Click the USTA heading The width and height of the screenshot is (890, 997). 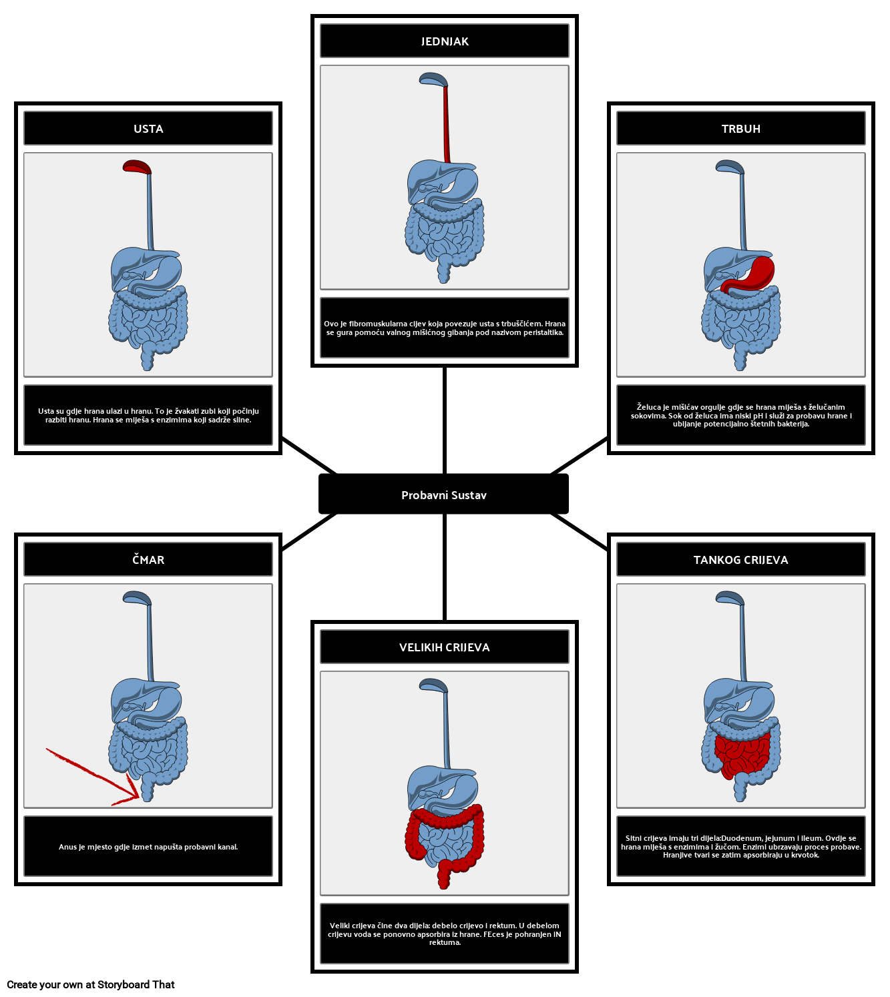(148, 129)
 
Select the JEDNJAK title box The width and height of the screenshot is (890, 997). (445, 41)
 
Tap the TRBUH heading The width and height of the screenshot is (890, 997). (740, 129)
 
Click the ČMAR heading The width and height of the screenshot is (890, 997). (148, 560)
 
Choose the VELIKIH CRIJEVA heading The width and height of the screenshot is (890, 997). (445, 647)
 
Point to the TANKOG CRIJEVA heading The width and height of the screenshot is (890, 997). (740, 560)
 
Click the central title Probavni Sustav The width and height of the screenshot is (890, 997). (444, 495)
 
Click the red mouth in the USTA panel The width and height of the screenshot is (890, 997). (137, 167)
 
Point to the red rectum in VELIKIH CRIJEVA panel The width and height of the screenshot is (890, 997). (445, 874)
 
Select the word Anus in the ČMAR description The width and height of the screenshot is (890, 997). (67, 847)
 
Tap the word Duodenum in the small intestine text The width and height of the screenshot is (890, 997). (741, 838)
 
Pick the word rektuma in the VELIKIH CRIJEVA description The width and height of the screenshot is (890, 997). (444, 942)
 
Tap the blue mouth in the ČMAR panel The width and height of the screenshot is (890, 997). (137, 598)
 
